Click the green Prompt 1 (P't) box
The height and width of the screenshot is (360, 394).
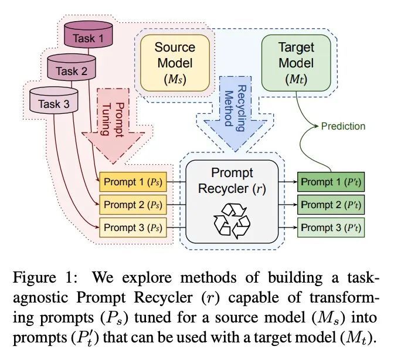pyautogui.click(x=329, y=182)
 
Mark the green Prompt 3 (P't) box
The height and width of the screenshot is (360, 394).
pyautogui.click(x=329, y=226)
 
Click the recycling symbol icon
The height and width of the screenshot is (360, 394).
pyautogui.click(x=232, y=220)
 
